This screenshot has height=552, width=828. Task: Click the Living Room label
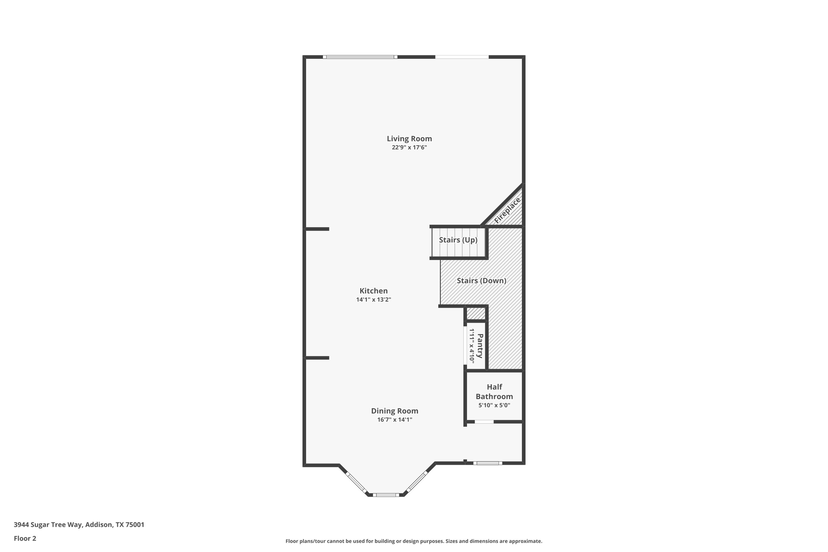409,139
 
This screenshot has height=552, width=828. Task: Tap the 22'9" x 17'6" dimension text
409,148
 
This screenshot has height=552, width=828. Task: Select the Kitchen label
374,291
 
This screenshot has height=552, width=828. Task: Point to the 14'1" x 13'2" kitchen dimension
374,300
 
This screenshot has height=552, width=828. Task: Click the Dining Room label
395,411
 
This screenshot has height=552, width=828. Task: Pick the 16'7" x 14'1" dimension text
395,420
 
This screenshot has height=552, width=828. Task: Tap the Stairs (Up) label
458,240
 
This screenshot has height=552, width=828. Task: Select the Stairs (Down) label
482,281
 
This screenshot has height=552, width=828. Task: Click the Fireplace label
507,210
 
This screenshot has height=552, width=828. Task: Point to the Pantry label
480,346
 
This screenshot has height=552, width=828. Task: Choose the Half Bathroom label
494,391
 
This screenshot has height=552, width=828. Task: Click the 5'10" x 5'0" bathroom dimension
494,405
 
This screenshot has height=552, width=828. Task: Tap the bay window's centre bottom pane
386,495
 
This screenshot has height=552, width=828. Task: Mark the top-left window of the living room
360,57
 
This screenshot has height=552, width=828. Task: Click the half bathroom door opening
484,422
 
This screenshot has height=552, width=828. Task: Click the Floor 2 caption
25,538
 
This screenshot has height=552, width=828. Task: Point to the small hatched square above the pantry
476,313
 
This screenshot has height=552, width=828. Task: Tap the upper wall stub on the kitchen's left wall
317,229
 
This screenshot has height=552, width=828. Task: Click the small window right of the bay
488,463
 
